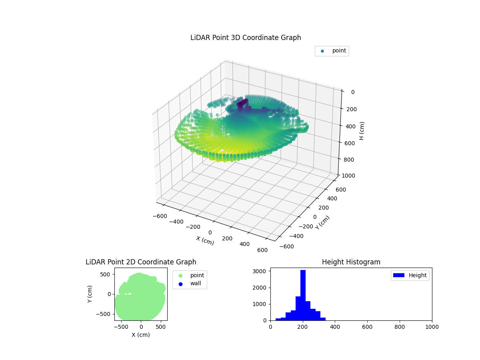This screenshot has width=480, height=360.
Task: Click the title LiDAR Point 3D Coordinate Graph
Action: click(x=246, y=38)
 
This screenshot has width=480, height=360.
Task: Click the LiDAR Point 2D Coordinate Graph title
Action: click(x=141, y=262)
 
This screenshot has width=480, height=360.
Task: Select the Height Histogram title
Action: click(x=351, y=262)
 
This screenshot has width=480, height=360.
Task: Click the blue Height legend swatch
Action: click(x=399, y=275)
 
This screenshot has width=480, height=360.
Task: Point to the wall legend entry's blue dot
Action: click(x=180, y=284)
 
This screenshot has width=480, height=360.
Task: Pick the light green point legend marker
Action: click(x=180, y=275)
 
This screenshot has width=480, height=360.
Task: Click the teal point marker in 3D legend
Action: click(x=322, y=51)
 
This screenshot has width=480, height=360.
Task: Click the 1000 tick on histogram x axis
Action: click(x=432, y=327)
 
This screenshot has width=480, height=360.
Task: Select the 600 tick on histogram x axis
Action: click(x=367, y=327)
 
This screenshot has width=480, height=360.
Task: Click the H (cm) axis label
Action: click(x=362, y=131)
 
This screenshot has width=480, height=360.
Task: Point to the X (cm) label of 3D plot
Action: click(x=205, y=240)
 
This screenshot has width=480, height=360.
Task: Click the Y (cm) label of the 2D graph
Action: click(x=90, y=294)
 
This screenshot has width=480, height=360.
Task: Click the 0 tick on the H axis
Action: click(x=353, y=92)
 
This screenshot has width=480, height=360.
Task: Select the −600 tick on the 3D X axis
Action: click(x=160, y=216)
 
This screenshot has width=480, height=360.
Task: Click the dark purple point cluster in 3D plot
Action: click(x=242, y=104)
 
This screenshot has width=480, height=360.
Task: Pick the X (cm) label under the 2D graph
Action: click(x=141, y=335)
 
